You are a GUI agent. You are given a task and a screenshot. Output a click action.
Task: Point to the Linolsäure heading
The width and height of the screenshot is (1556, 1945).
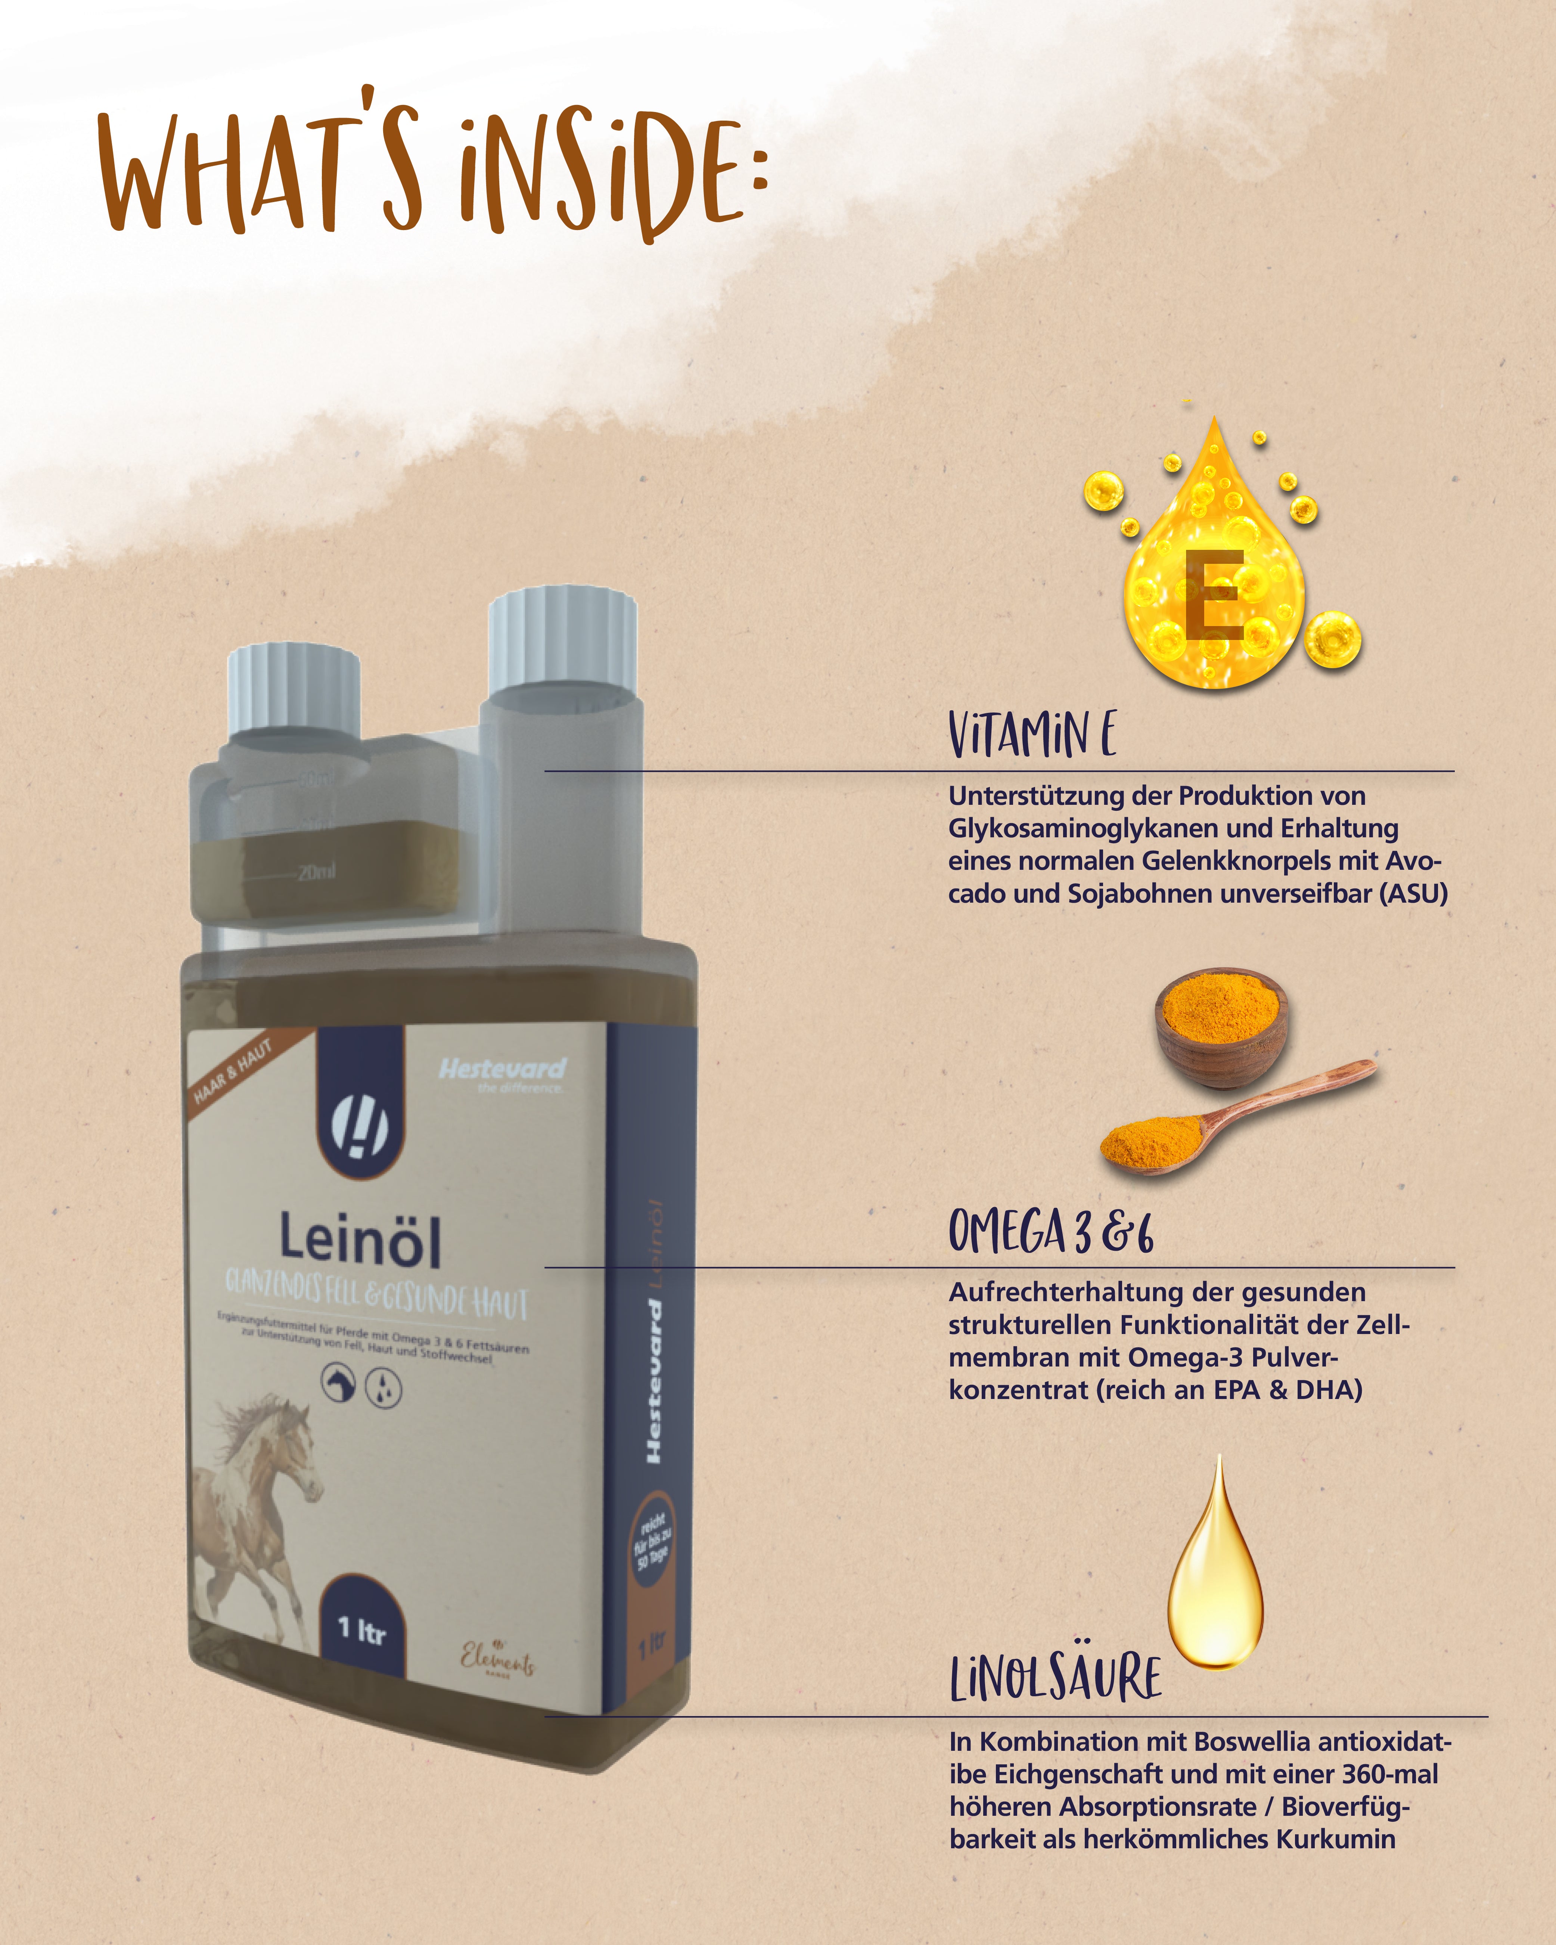(1055, 1678)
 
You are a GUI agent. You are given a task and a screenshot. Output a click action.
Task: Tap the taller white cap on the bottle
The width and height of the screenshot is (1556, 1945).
(562, 636)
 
